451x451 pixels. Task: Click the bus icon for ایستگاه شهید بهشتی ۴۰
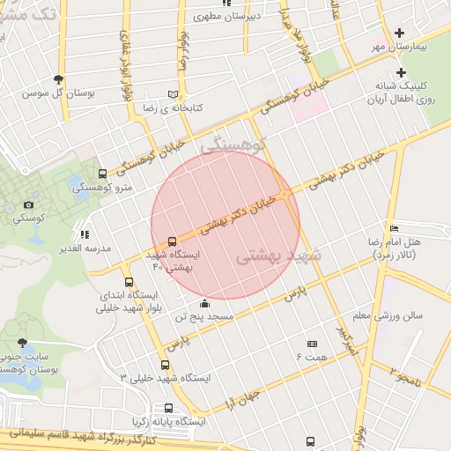coord(171,240)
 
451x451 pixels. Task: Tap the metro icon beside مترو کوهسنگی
coord(104,174)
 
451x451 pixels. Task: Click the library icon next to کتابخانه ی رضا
coord(173,93)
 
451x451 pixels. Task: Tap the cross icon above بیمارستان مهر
coord(402,33)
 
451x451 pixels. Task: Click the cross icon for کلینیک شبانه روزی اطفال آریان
coord(402,72)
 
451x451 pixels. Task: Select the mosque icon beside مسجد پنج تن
coord(204,303)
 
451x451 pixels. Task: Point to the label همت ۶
coord(311,356)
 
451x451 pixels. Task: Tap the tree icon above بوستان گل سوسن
coord(59,78)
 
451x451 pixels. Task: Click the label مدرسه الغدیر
coord(90,248)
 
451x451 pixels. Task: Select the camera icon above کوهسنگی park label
coord(29,204)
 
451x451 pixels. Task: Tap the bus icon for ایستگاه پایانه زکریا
coord(168,408)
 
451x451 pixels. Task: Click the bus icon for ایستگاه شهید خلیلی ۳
coord(165,365)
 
